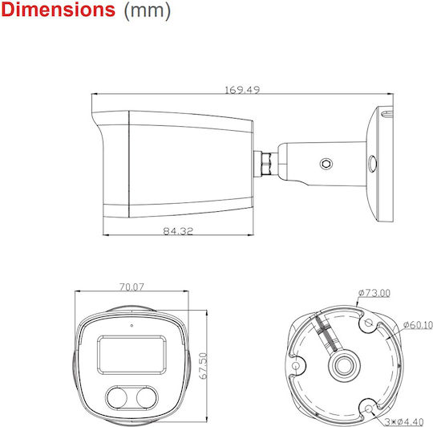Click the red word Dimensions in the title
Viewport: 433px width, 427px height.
pos(58,10)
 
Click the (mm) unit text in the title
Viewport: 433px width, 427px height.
pos(148,11)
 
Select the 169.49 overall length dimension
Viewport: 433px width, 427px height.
pos(242,90)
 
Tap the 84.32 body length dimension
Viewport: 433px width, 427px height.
pos(178,231)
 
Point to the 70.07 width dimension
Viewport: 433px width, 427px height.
pos(132,287)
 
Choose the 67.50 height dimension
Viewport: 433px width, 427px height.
pos(203,366)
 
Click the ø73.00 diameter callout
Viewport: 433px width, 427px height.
pos(374,293)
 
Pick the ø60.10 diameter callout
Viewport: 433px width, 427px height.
pos(418,325)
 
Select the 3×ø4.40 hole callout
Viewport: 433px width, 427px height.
pos(404,421)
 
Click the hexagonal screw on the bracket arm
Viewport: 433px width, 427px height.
pos(326,164)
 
